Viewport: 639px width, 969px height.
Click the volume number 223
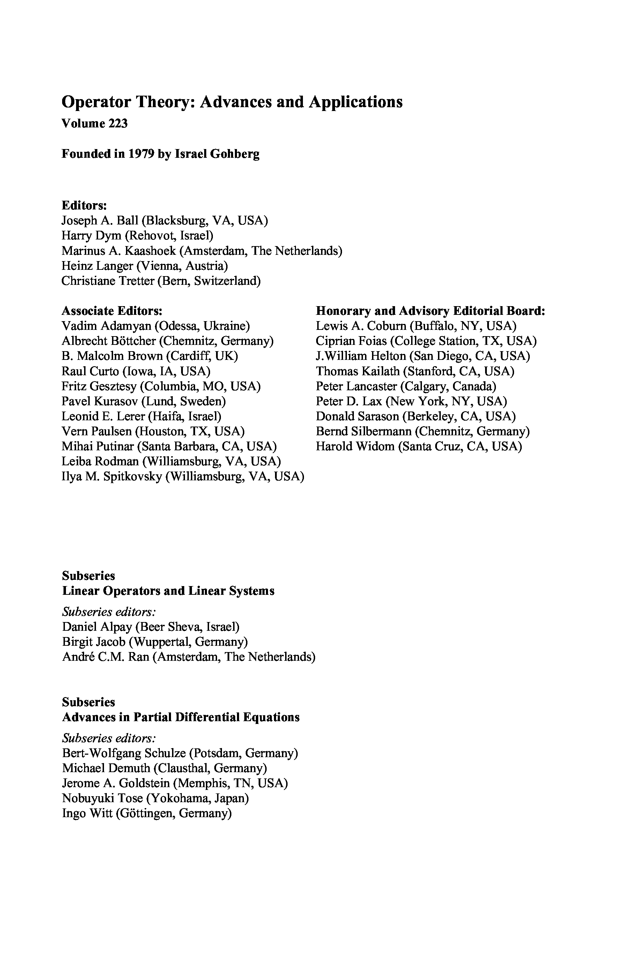(x=118, y=124)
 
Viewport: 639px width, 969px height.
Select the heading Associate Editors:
(x=112, y=311)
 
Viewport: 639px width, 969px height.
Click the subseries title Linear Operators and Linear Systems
(x=168, y=591)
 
